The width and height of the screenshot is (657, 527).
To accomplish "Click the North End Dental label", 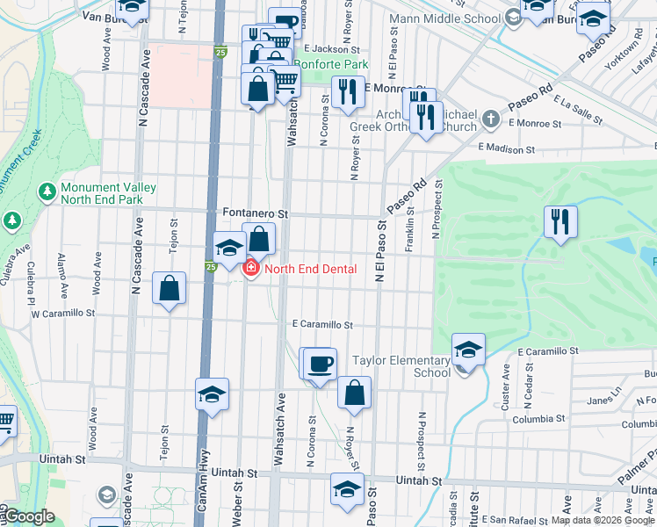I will (310, 269).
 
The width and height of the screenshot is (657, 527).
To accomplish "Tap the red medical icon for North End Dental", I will (250, 268).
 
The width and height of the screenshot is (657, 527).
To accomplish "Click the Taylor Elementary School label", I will (401, 366).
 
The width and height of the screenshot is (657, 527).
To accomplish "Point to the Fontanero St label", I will (256, 213).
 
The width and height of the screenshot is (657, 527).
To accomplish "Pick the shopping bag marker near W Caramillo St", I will (169, 287).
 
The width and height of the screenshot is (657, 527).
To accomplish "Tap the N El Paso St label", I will (381, 249).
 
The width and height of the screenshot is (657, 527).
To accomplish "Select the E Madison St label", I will (506, 149).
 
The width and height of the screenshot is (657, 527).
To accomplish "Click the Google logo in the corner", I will (28, 516).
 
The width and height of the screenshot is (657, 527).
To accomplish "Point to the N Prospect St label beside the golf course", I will (436, 209).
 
